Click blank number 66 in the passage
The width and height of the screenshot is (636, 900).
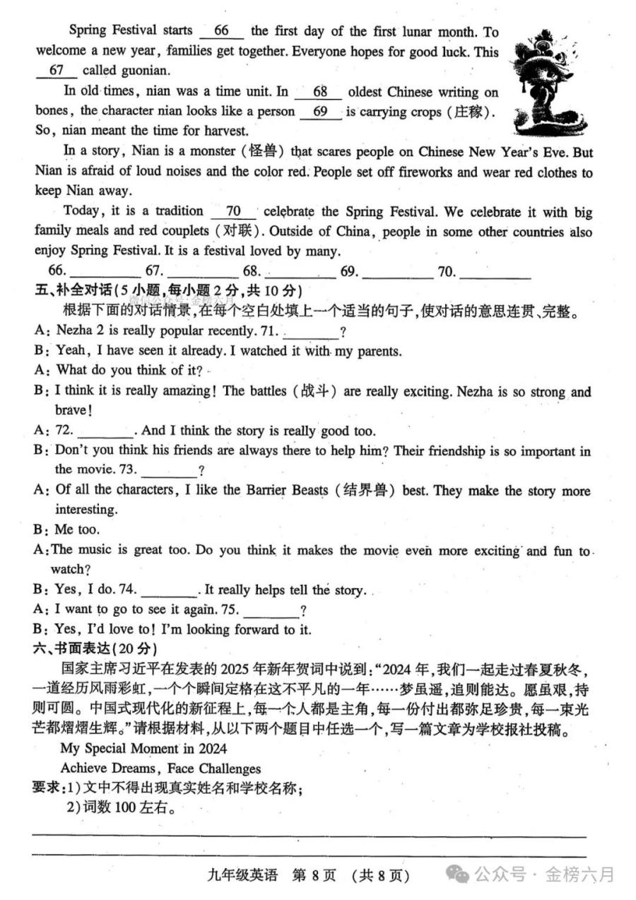tap(221, 31)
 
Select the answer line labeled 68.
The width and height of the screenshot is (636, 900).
tap(300, 271)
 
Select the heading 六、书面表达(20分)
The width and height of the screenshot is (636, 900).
tap(95, 648)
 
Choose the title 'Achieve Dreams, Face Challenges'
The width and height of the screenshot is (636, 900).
tap(160, 768)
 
